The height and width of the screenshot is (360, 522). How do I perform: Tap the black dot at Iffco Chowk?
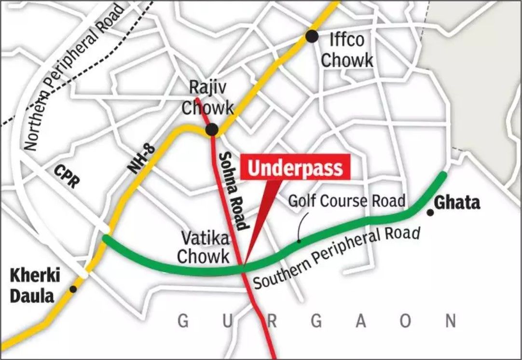[312, 36]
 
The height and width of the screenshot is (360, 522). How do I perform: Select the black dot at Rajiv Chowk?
[211, 129]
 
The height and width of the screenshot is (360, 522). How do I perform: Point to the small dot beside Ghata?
[429, 212]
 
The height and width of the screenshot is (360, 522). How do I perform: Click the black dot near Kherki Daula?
[73, 289]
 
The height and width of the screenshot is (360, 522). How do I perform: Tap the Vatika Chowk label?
[203, 247]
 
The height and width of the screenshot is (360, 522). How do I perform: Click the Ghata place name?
[458, 203]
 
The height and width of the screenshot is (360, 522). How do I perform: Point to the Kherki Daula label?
[33, 286]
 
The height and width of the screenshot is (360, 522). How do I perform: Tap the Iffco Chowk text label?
[347, 50]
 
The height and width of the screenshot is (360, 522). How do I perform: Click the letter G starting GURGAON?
[182, 321]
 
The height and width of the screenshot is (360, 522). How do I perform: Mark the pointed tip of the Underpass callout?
[244, 267]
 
